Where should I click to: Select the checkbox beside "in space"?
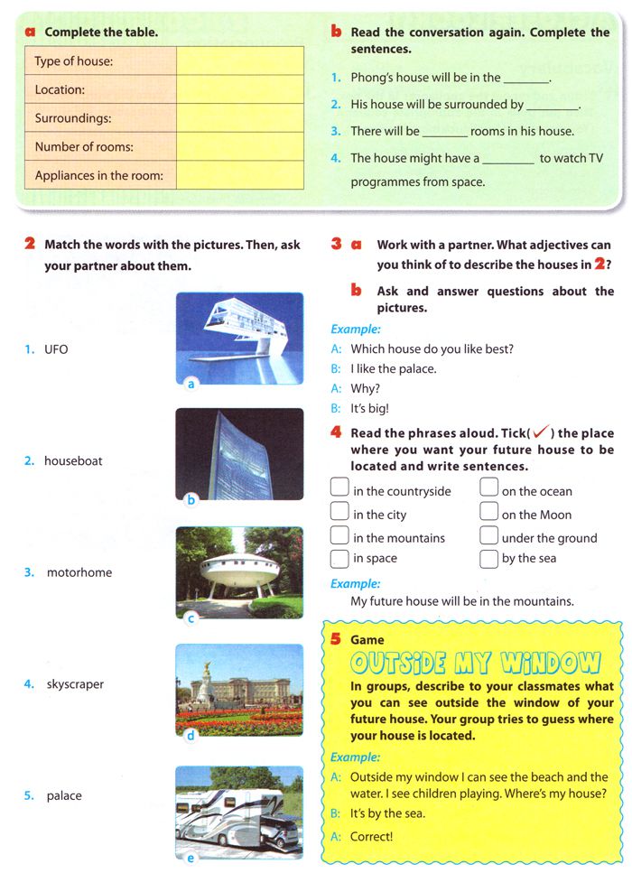pos(339,558)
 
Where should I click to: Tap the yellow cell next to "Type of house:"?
pos(240,61)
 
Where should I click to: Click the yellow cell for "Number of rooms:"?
pos(240,147)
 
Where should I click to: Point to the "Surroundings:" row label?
pos(73,118)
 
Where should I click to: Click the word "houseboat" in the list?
pos(73,460)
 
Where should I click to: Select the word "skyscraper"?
pos(75,684)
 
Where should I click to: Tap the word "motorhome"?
pos(79,572)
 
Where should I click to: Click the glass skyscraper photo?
pos(239,454)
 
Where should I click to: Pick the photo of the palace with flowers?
pos(239,688)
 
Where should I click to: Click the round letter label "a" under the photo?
pos(191,384)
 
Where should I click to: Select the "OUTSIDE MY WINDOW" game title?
pos(475,664)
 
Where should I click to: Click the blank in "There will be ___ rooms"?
pos(444,132)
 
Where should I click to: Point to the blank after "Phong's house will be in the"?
pos(525,79)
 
